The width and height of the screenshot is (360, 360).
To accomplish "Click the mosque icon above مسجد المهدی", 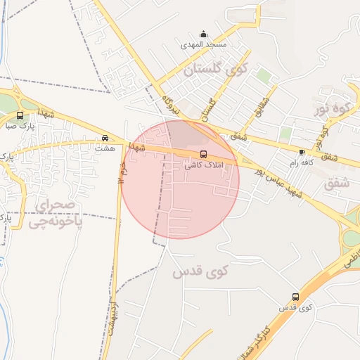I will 204,34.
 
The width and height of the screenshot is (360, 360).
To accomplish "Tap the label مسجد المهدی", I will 204,45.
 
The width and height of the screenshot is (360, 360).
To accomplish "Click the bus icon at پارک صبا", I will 19,115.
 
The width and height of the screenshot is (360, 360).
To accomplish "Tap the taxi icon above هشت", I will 104,138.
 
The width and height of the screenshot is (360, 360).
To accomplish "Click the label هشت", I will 104,148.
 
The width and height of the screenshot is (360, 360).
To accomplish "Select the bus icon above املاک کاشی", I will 204,154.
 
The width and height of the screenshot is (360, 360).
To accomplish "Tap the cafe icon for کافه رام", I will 302,152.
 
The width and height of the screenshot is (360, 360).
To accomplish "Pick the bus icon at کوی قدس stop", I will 295,297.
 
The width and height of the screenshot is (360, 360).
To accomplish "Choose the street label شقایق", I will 263,105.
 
